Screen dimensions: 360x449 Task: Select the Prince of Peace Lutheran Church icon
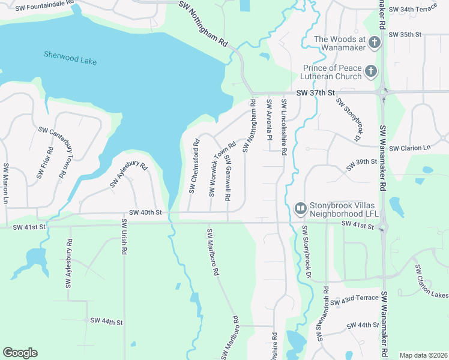371,72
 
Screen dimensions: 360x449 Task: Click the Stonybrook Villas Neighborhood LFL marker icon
300,208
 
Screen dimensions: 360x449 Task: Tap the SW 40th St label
145,212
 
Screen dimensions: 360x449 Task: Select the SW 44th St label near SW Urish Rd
106,322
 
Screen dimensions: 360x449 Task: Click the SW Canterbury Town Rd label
50,153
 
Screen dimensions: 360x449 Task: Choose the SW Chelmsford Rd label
194,167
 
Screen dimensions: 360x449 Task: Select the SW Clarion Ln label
410,148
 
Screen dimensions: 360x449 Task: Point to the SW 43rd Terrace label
359,298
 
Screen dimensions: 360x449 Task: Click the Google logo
20,353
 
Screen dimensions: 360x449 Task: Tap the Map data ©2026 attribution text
423,355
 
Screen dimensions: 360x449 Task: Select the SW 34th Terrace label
414,10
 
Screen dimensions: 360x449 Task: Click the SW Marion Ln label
6,183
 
